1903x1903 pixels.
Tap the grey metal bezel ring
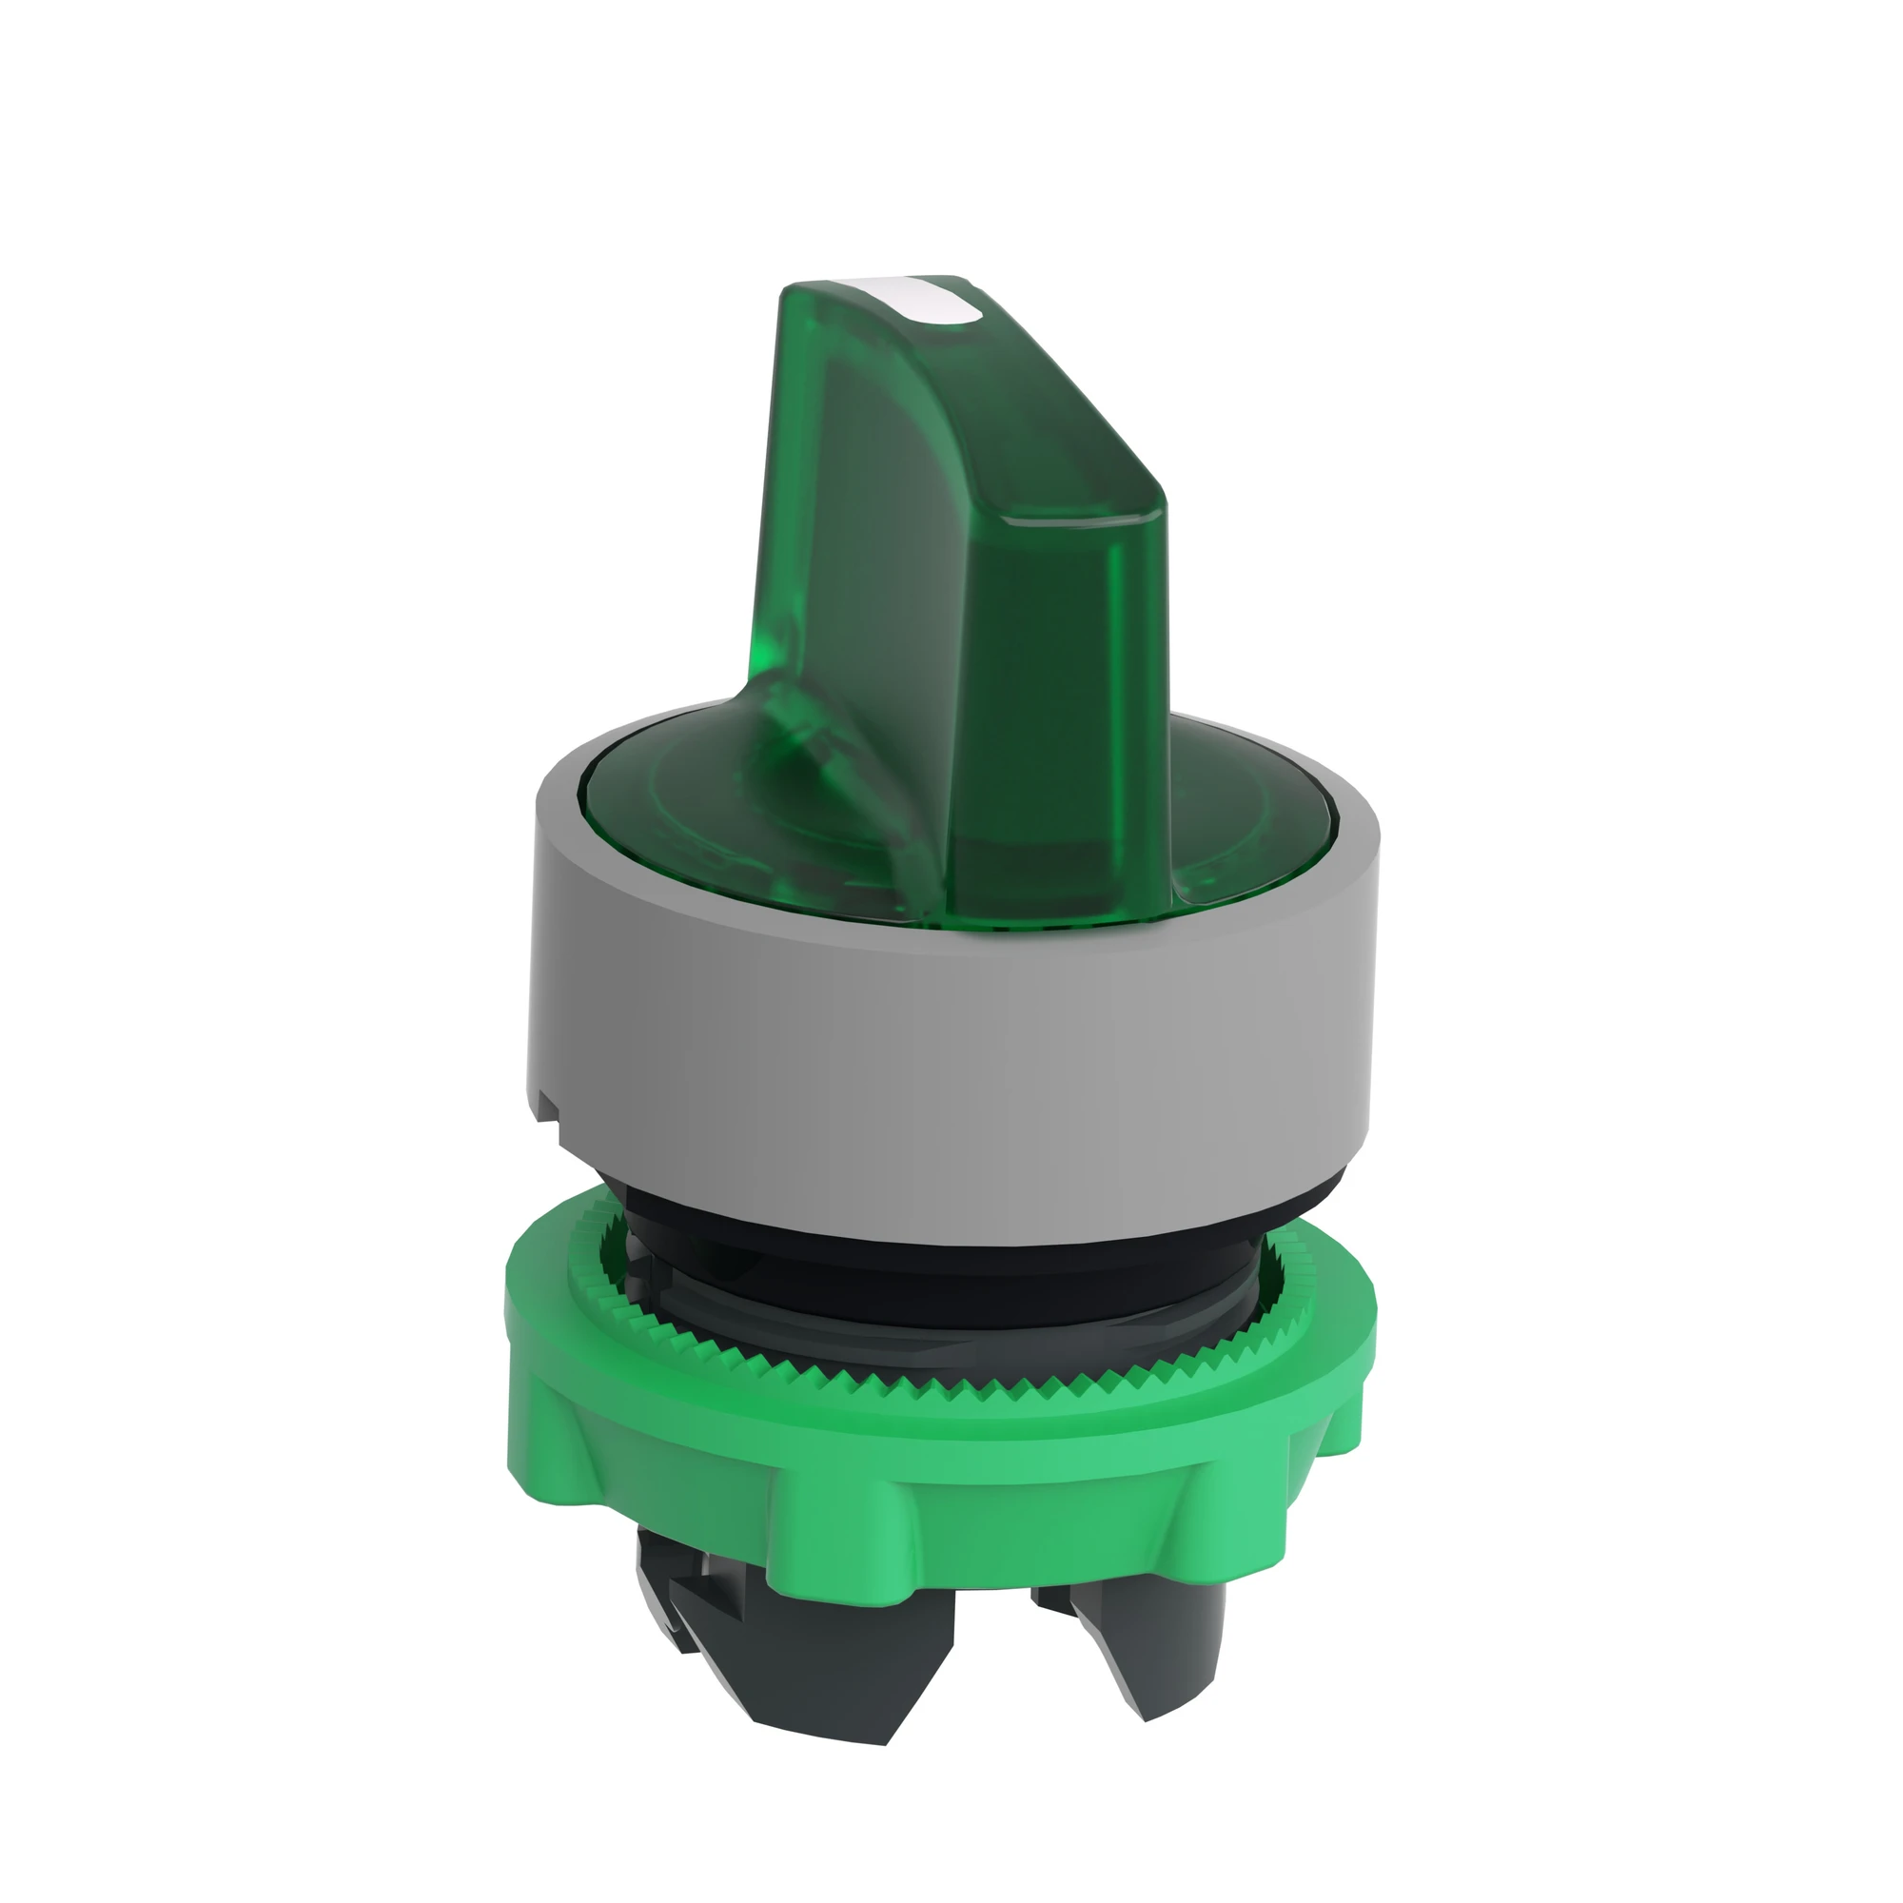pyautogui.click(x=946, y=1064)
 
